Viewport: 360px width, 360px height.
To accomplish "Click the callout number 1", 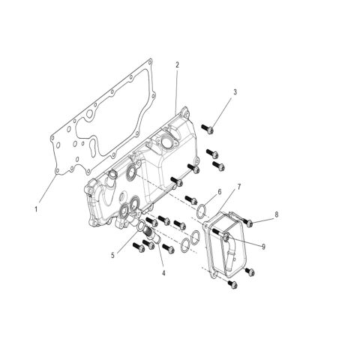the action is [x=36, y=208].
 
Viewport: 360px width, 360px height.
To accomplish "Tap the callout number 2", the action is [x=177, y=66].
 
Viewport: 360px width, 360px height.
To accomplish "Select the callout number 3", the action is [x=235, y=92].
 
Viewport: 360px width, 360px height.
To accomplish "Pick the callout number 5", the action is [x=112, y=255].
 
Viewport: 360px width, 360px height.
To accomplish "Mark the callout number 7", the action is [x=238, y=186].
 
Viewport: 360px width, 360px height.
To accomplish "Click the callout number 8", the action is [x=277, y=214].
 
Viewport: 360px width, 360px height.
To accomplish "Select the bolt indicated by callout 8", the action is [x=247, y=220].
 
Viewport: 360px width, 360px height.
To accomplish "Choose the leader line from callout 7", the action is [x=231, y=200].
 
